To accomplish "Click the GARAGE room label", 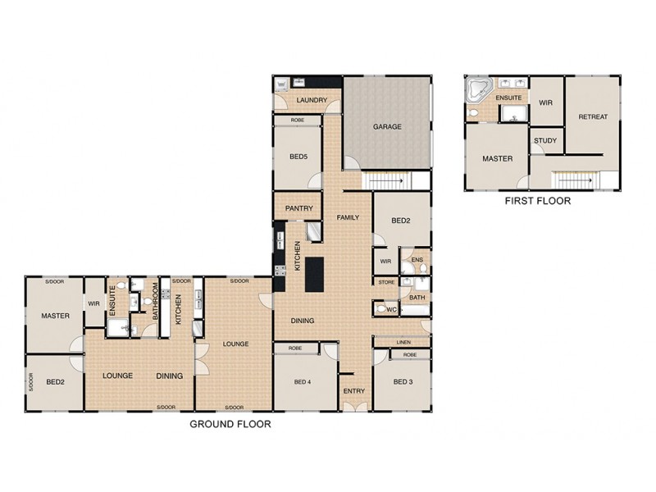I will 387,127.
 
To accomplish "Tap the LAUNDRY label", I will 312,101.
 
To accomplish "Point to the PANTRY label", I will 299,208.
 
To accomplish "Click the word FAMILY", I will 349,216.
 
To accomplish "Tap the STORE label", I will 386,282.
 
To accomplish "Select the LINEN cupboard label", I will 403,341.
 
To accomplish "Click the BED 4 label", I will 303,381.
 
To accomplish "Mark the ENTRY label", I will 353,391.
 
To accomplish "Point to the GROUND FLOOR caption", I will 230,424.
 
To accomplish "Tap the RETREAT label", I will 593,116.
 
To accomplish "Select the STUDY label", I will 545,140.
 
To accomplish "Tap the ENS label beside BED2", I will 417,261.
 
